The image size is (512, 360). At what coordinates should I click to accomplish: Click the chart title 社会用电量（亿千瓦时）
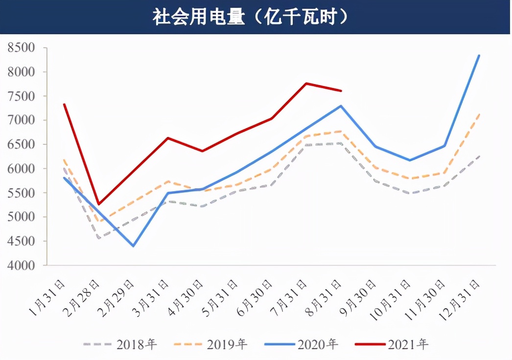[251, 17]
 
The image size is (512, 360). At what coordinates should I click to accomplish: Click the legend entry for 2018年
[119, 344]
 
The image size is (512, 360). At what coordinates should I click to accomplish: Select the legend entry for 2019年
[210, 344]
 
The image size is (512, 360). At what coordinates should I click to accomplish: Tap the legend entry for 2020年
[301, 344]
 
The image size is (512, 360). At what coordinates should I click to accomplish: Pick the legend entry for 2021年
[392, 344]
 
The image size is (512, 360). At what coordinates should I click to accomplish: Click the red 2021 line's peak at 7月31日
[306, 84]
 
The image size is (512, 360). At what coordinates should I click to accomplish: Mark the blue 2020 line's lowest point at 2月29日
[133, 246]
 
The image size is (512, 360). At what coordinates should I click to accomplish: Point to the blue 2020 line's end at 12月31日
[479, 56]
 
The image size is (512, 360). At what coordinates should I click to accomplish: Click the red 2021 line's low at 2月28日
[99, 204]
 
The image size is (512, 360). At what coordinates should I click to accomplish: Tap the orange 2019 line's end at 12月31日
[479, 114]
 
